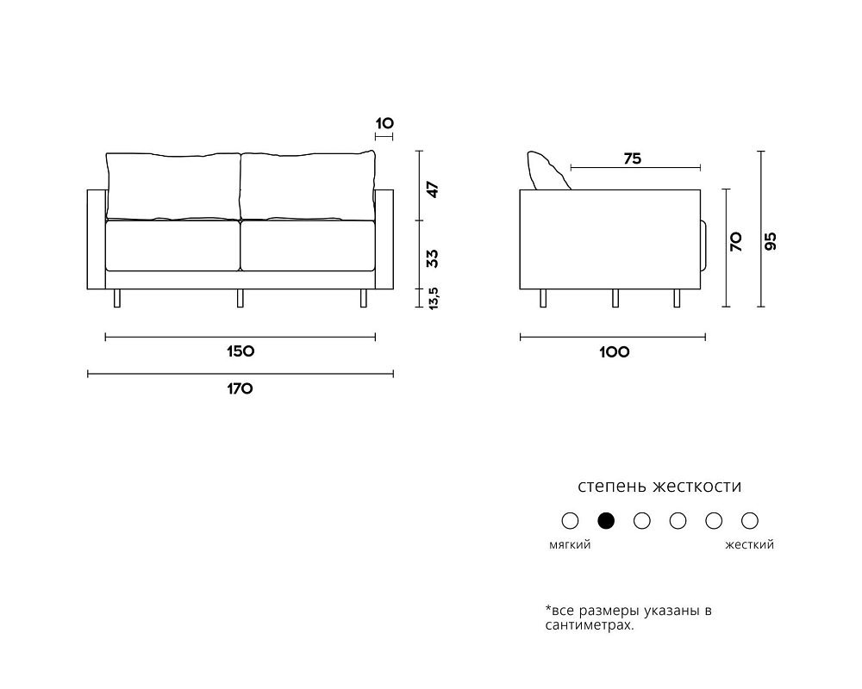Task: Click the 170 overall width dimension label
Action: [240, 389]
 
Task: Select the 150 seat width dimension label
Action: [240, 351]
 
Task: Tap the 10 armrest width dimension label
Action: [384, 123]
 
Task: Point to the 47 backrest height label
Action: [434, 189]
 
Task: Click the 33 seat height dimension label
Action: [434, 258]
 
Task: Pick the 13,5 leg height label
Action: [434, 298]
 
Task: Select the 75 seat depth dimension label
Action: [633, 158]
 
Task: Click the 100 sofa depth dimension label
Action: [614, 352]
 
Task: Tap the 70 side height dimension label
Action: [736, 242]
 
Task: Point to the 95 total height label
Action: [771, 241]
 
